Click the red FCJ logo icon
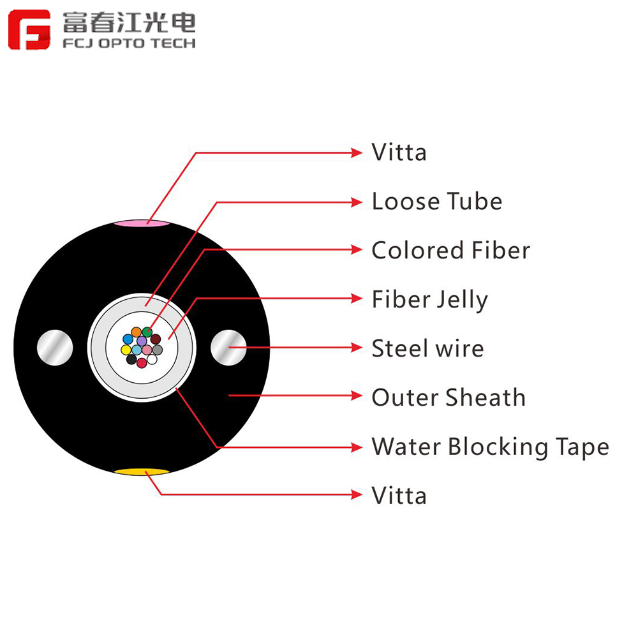[29, 30]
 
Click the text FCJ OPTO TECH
[129, 43]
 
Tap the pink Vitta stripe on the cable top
[142, 223]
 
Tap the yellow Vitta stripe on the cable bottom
[142, 472]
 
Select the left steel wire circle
[55, 348]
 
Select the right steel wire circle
[228, 348]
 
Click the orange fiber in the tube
[137, 332]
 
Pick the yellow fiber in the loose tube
[126, 350]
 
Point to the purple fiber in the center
[142, 341]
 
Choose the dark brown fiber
[156, 339]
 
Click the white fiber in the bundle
[152, 359]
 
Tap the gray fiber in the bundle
[158, 350]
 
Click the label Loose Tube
[437, 202]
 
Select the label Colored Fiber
[451, 250]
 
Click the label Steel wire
[427, 348]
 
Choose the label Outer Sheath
[449, 397]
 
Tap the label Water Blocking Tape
[490, 447]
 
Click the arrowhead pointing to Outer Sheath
[357, 396]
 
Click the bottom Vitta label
[399, 496]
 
